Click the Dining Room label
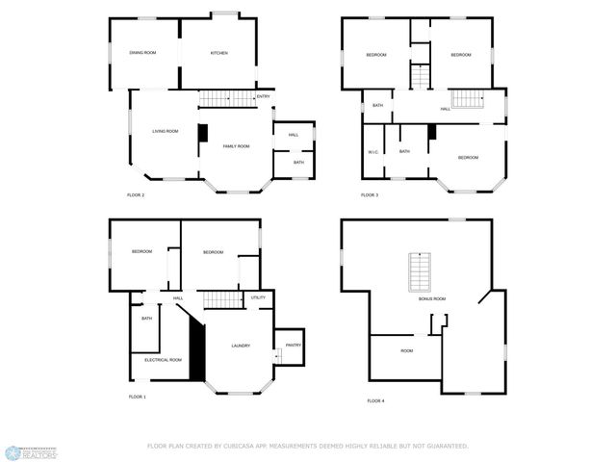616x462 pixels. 142,53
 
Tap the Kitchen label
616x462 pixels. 219,53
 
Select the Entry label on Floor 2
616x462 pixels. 263,97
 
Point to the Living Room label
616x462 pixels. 165,131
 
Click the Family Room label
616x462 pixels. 236,146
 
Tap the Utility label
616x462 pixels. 258,298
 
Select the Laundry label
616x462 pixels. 241,346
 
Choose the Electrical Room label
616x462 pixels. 163,360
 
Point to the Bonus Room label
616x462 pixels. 432,299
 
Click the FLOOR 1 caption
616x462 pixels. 138,397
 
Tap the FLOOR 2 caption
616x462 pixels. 136,195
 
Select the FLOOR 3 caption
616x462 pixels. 370,195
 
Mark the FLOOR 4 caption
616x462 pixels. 375,400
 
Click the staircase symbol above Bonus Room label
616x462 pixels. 420,271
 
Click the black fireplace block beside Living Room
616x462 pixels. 203,135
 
